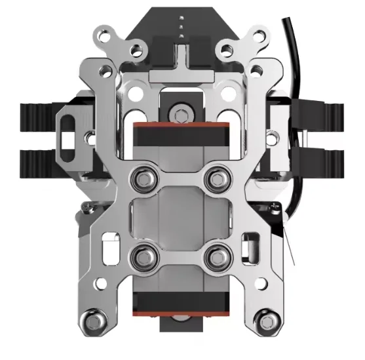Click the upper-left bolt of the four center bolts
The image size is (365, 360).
click(x=142, y=176)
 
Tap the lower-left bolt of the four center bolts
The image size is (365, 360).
click(x=142, y=256)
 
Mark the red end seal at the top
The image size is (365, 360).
click(x=180, y=125)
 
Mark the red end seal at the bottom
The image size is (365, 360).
click(x=180, y=311)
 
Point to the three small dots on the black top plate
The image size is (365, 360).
click(x=181, y=22)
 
